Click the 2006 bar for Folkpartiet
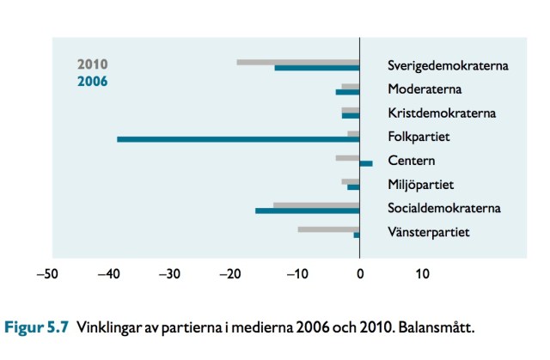coord(238,139)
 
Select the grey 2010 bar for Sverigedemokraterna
coord(297,62)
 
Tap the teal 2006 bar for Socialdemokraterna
coord(307,211)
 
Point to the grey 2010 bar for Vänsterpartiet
coord(328,229)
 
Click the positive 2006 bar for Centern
coord(366,163)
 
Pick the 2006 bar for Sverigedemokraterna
coord(316,68)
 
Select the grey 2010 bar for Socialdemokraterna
coord(315,204)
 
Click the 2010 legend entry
coord(92,64)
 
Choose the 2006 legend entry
coord(92,82)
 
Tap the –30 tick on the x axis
coord(170,275)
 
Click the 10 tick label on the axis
coord(422,275)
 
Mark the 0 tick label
coord(360,275)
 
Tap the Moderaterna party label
coord(425,88)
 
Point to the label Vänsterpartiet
coord(428,233)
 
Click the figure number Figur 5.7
coord(38,327)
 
